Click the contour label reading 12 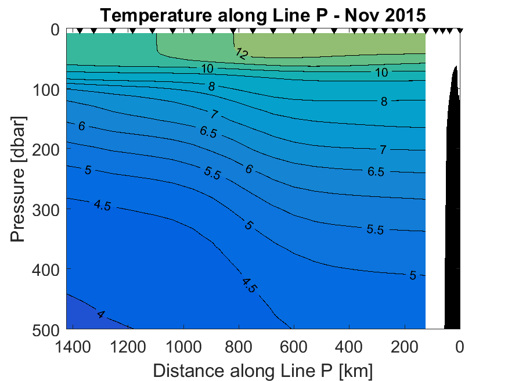(242, 54)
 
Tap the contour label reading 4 (101, 314)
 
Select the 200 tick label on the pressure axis (46, 149)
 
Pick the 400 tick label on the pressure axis (46, 269)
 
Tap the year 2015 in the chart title (403, 16)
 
